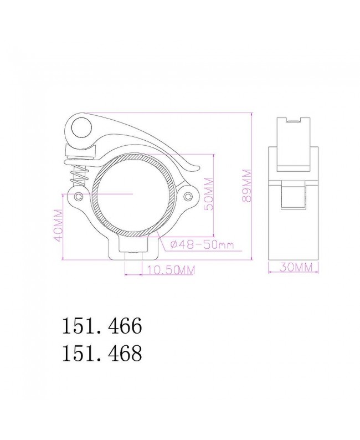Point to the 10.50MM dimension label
tap(169, 270)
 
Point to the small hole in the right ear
tap(189, 197)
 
